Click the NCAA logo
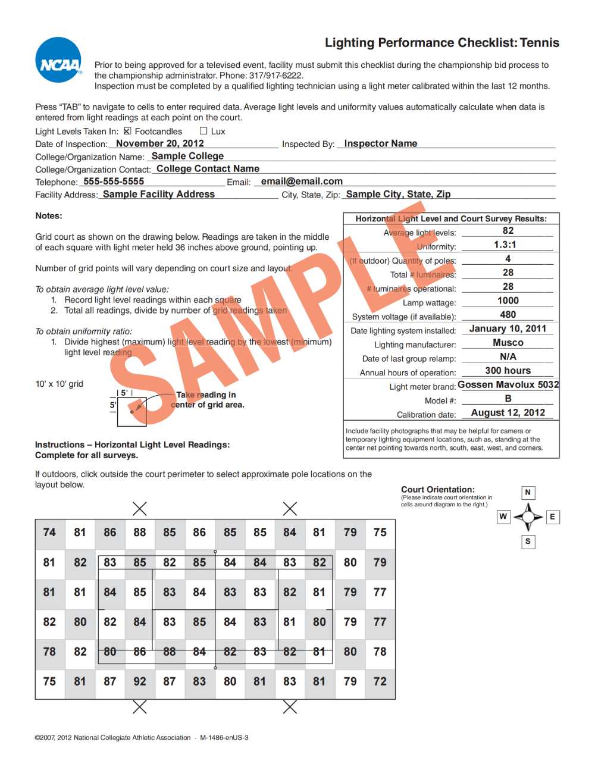[58, 60]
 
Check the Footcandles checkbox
[127, 131]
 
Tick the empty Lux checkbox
[203, 131]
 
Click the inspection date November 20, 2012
[159, 143]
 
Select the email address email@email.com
[302, 181]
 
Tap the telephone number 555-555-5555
[114, 181]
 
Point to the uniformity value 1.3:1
[505, 245]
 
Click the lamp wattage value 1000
[508, 301]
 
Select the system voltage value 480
[508, 315]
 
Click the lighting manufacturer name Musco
[508, 343]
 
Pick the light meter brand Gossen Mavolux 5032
[508, 384]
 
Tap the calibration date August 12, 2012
[508, 412]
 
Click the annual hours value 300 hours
[508, 370]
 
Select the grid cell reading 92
[140, 681]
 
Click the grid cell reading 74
[49, 532]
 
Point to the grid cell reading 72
[380, 681]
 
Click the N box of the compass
[527, 492]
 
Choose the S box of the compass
[527, 541]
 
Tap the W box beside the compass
[503, 517]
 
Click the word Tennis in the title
[539, 43]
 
